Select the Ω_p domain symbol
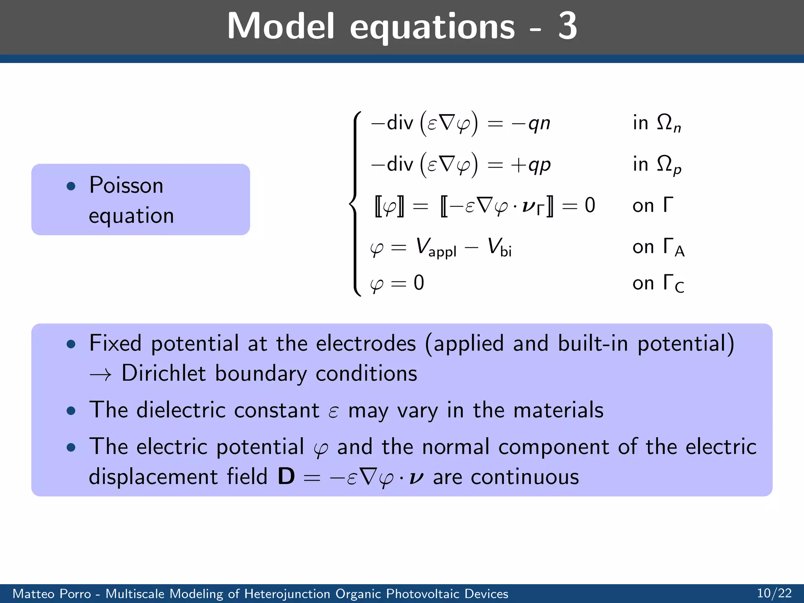click(669, 164)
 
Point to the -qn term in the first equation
click(531, 124)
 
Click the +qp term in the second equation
click(531, 165)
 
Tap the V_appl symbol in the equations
click(436, 248)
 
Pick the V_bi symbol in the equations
click(499, 248)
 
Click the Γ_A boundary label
click(673, 248)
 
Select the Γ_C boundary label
click(673, 283)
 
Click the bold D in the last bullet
click(286, 477)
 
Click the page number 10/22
click(774, 593)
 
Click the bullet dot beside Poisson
click(71, 186)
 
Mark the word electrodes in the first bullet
click(365, 344)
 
